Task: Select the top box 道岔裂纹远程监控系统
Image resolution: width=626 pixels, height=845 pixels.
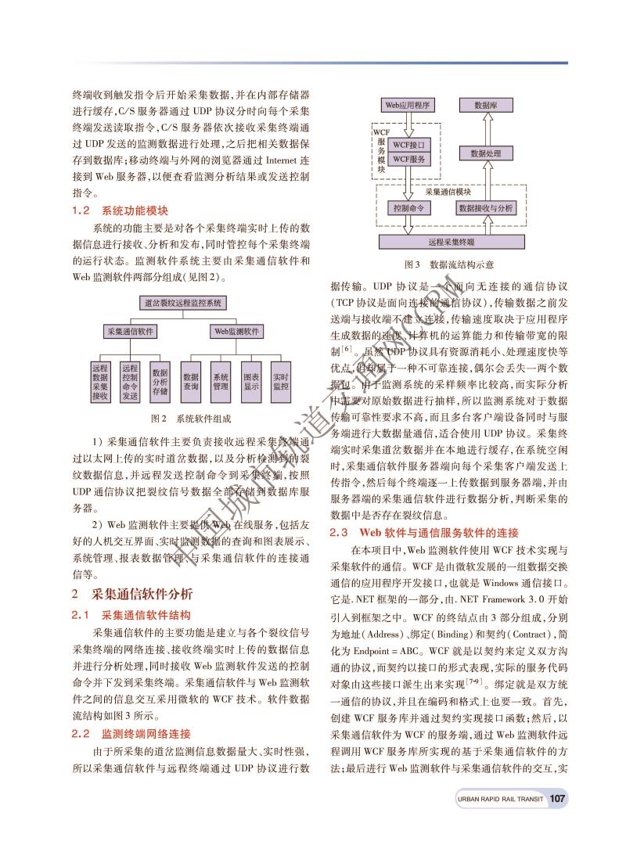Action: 182,301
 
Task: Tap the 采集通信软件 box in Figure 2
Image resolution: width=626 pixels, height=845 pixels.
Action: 130,332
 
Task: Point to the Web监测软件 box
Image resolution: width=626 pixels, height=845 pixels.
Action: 236,332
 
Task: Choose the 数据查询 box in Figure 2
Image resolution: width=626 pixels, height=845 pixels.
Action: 191,381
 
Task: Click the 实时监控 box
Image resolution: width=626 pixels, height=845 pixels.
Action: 281,381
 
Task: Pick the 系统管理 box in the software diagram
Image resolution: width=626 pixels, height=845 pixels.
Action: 221,381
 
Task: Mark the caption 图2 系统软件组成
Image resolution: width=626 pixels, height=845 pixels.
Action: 191,419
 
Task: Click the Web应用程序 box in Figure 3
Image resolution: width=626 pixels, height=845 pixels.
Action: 408,105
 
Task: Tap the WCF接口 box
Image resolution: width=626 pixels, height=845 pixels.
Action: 408,145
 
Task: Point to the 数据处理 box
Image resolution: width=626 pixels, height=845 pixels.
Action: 486,154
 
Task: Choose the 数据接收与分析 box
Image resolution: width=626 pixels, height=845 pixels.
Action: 486,209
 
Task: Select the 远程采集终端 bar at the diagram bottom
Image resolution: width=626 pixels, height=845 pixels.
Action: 452,242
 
